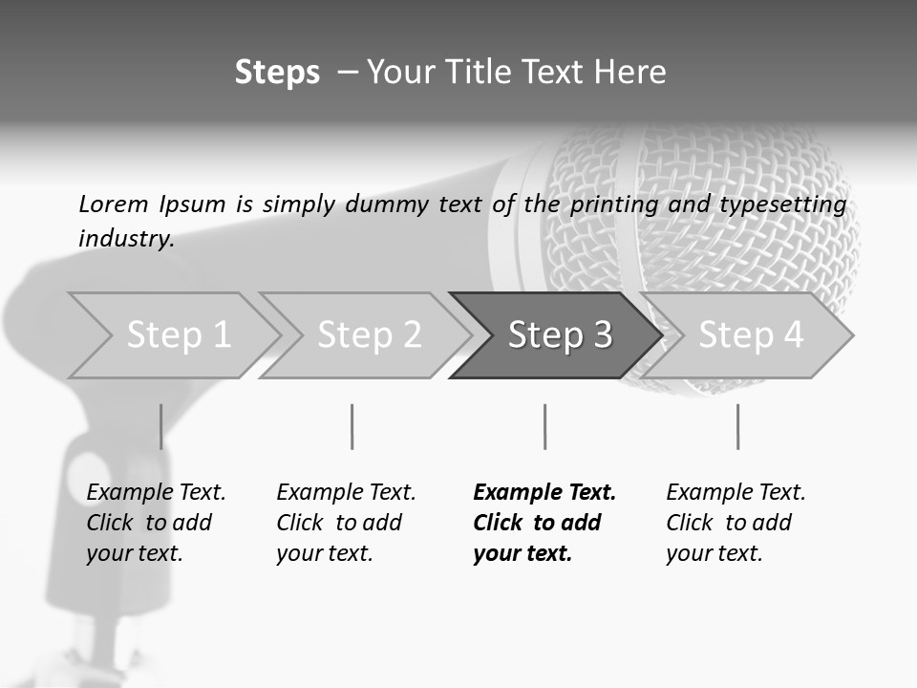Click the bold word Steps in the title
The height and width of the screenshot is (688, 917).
click(277, 73)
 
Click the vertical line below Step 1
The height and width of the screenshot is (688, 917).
click(160, 426)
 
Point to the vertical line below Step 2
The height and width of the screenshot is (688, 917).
click(352, 426)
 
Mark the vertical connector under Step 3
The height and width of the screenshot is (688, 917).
click(544, 426)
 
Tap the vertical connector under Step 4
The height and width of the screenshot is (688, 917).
click(737, 426)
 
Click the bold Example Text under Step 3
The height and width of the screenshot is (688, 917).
click(544, 522)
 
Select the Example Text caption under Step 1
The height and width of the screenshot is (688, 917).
click(156, 522)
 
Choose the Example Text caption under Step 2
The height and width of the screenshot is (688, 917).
click(346, 522)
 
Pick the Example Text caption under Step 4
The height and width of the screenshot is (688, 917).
click(736, 522)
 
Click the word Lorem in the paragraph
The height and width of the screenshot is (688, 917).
click(113, 204)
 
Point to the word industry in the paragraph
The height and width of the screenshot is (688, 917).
click(125, 239)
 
